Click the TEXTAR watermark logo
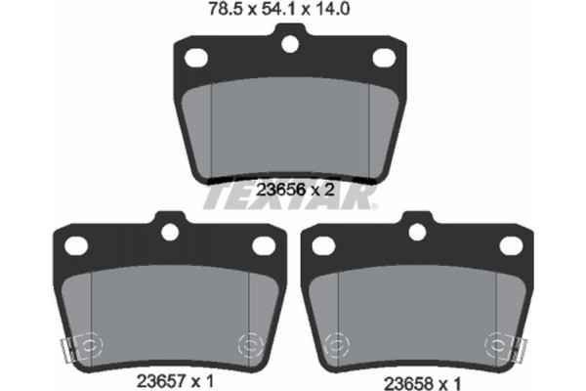[x=290, y=199]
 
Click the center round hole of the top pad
[x=289, y=43]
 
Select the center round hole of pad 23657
[x=168, y=232]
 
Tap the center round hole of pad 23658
[x=417, y=232]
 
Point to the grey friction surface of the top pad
[x=289, y=127]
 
